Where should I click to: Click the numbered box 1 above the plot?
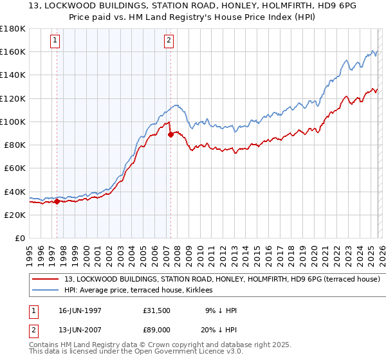click(55, 40)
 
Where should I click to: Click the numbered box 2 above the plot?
click(169, 40)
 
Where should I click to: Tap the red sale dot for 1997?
click(57, 201)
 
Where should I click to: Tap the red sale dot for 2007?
click(170, 134)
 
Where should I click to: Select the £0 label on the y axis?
click(19, 239)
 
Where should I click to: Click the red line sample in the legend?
click(46, 280)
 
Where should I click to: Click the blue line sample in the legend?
click(46, 291)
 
